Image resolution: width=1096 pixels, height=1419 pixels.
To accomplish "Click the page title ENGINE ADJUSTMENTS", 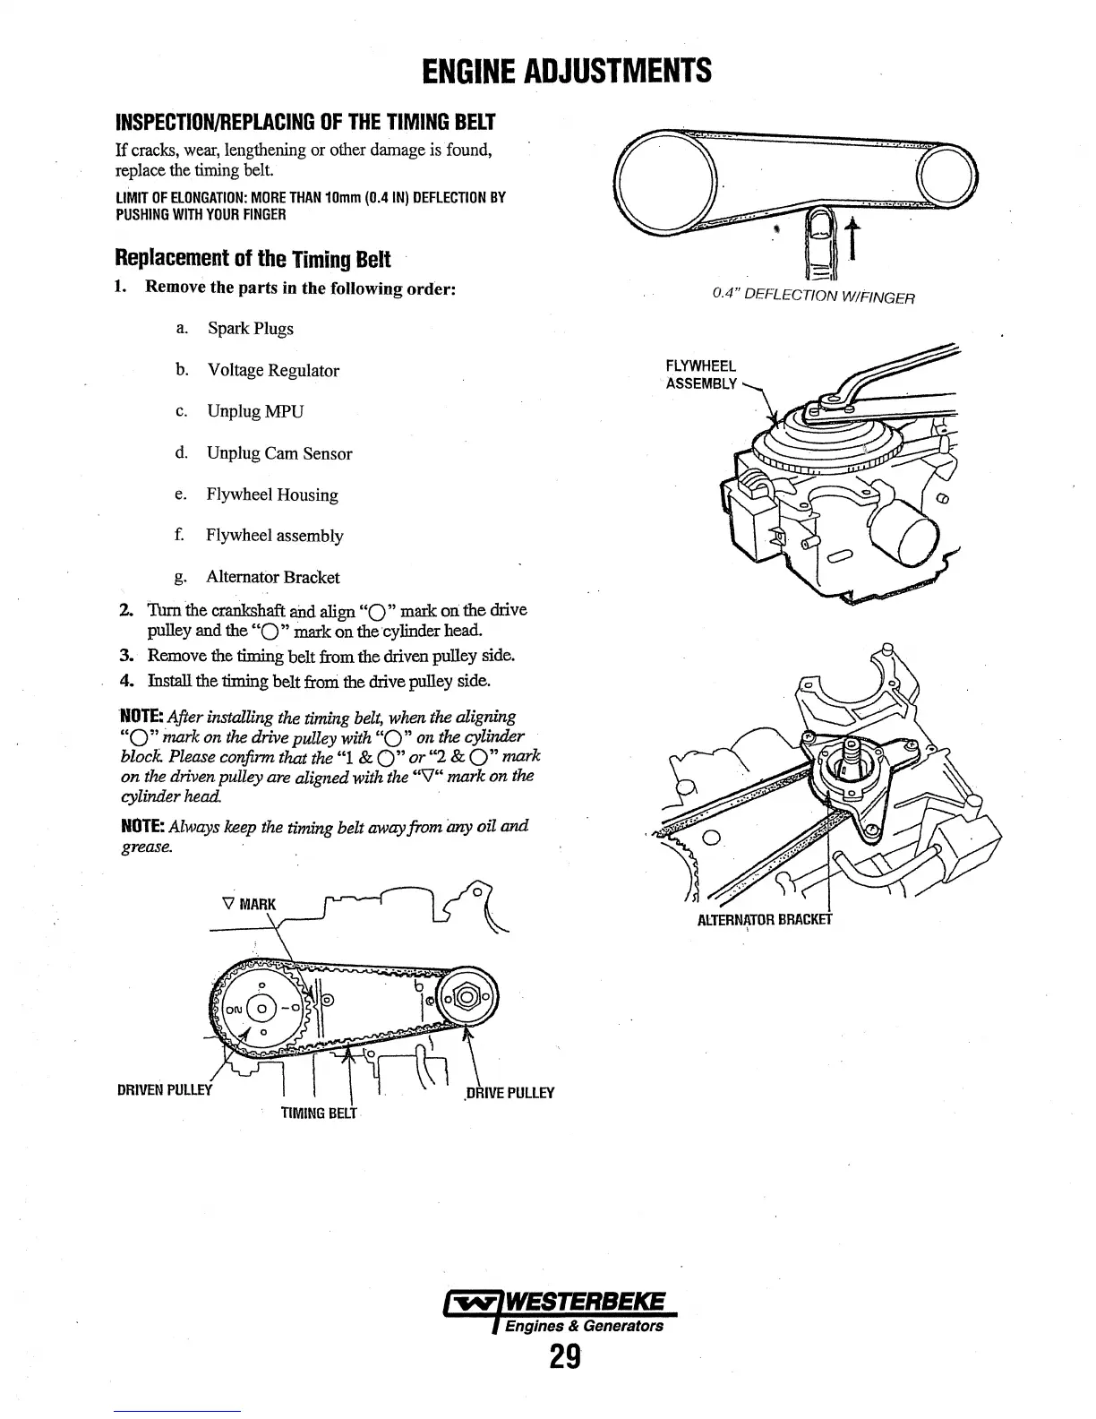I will coord(566,69).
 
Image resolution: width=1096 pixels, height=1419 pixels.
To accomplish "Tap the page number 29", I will coord(565,1358).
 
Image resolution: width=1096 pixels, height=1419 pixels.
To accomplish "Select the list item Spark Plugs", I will coord(250,329).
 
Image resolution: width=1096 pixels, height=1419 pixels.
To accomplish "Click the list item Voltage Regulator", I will coord(273,370).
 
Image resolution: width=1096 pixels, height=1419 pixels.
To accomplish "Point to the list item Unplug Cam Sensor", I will coord(279,453).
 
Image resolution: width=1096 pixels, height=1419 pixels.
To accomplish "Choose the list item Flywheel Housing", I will coord(272,494).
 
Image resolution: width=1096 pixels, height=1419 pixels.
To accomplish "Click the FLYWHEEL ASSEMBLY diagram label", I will coord(701,375).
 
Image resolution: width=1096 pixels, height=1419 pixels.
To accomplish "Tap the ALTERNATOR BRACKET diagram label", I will coord(765,919).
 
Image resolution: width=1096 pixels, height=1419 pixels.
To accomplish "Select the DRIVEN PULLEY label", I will coord(167,1091).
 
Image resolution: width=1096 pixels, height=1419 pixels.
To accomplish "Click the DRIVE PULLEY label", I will coord(509,1092).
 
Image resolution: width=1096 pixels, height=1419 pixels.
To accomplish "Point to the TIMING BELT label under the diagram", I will coord(319,1114).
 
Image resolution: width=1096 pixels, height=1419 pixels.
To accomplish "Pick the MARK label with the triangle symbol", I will coord(248,903).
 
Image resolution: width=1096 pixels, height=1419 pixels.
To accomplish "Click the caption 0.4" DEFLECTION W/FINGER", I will coord(813,296).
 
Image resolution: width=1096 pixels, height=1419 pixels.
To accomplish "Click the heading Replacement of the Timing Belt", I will coord(253,259).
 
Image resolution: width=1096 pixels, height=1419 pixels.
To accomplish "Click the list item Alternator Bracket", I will coord(272,578).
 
